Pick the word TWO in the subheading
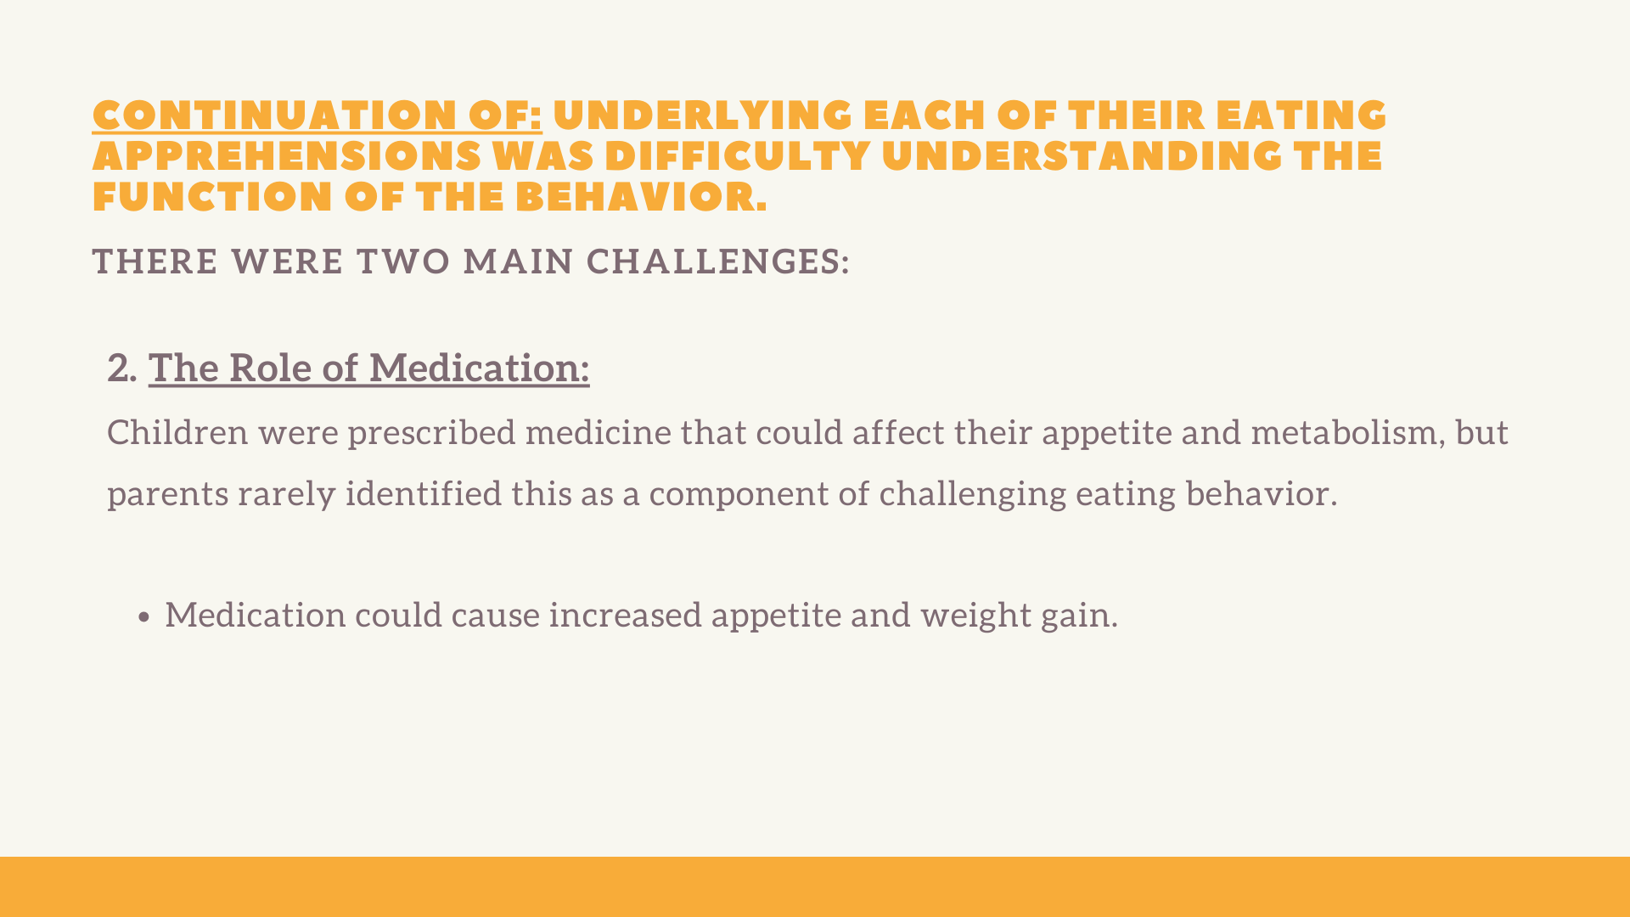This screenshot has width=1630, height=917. [x=403, y=262]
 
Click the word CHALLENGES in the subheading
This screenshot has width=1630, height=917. [x=713, y=262]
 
